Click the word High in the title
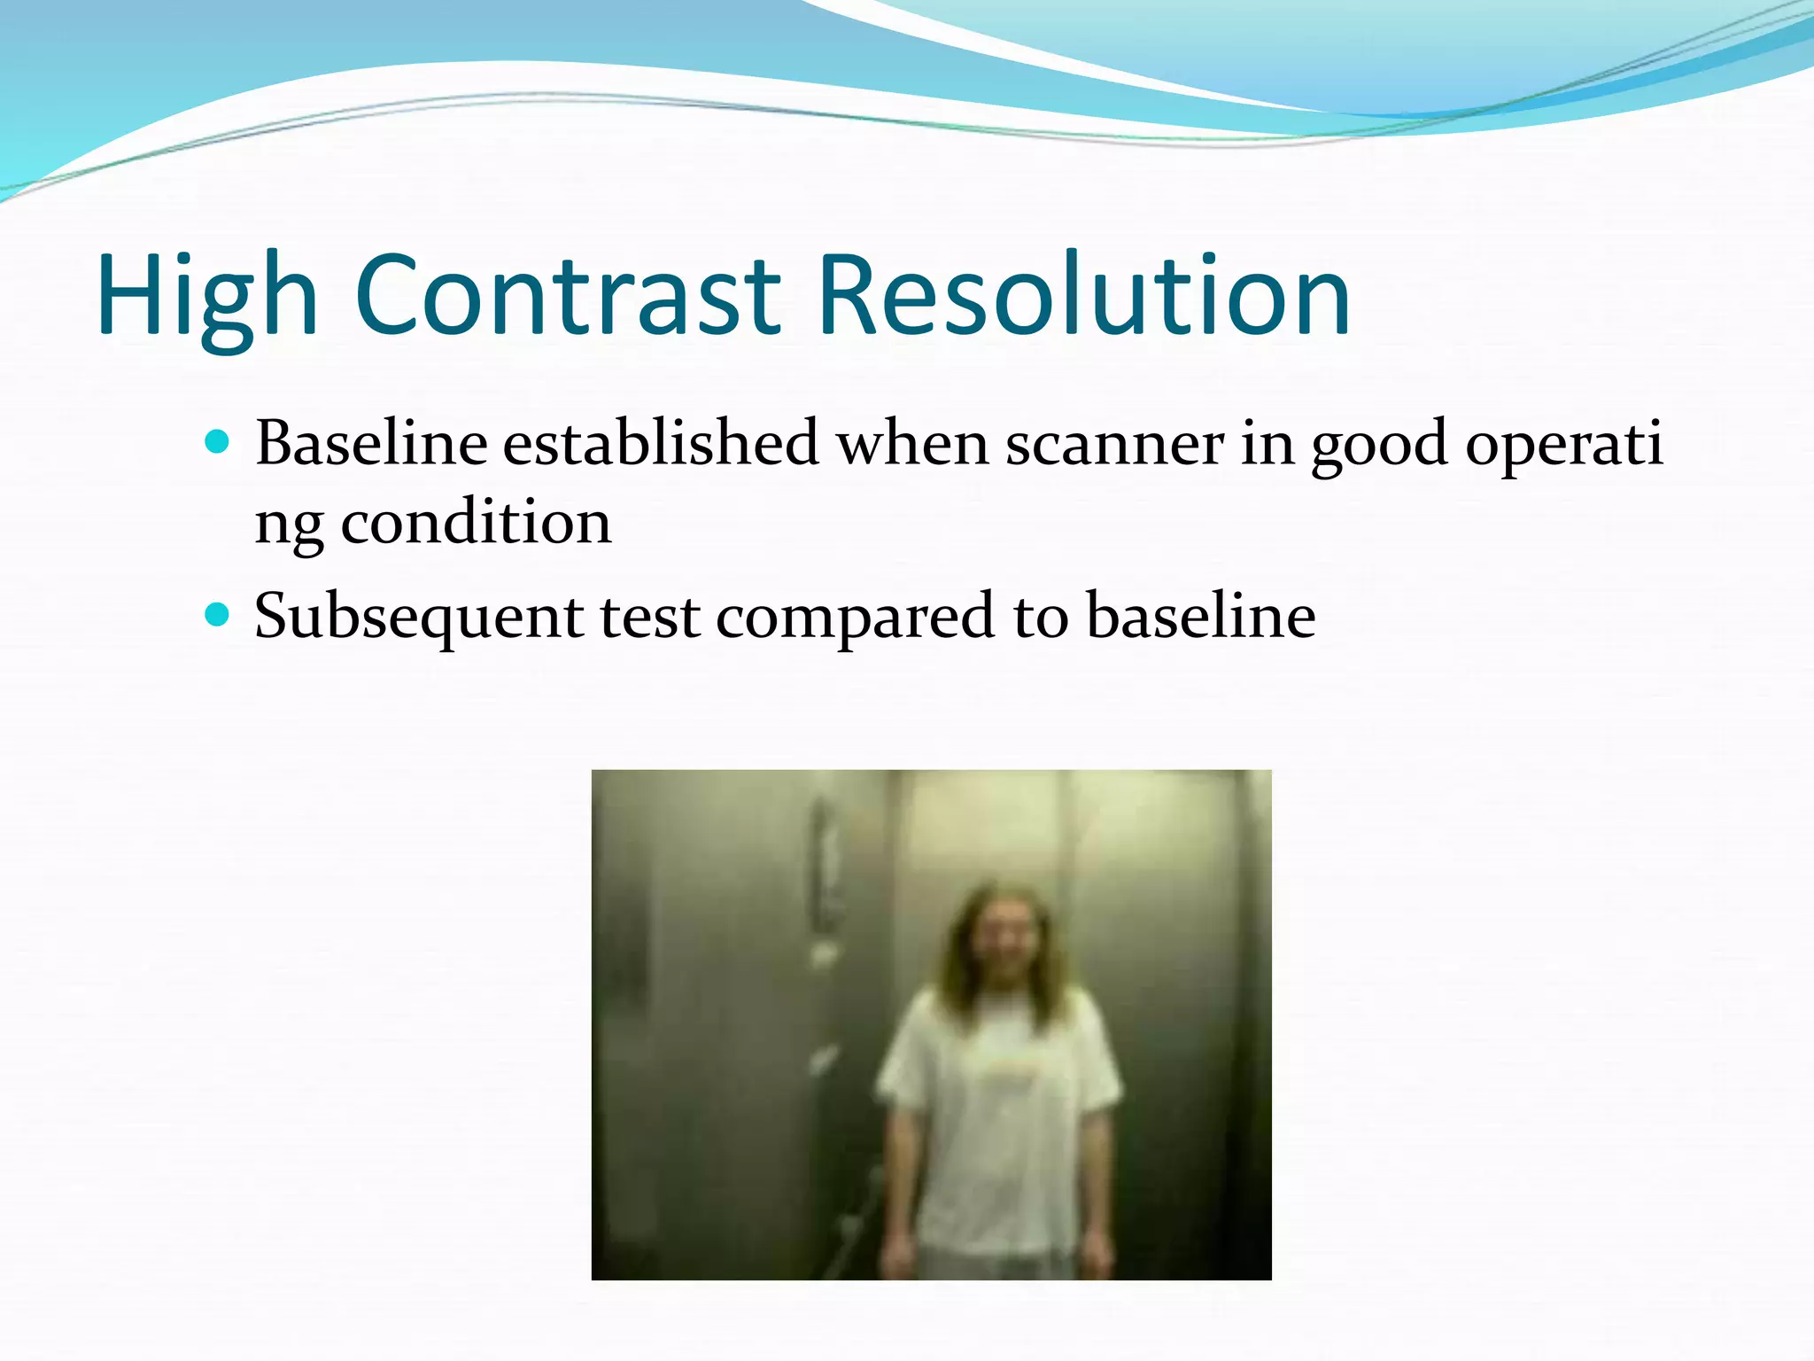coord(206,297)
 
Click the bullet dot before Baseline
coord(217,441)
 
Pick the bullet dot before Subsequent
coord(217,614)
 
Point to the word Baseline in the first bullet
coord(371,443)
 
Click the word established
coord(661,443)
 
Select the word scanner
coord(1114,443)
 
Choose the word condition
coord(476,523)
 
